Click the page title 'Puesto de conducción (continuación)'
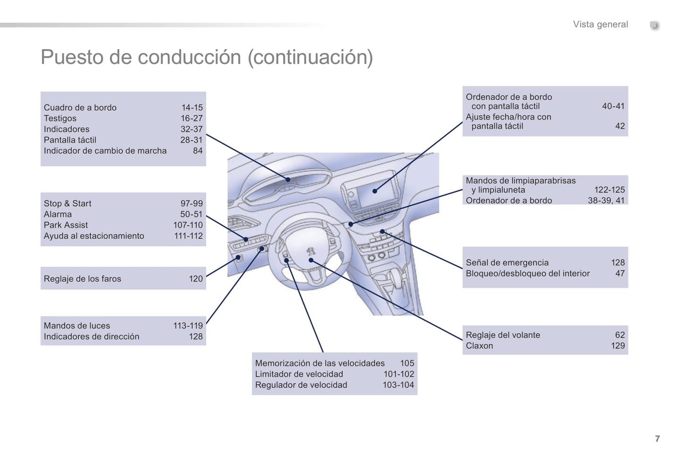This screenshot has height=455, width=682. (x=207, y=58)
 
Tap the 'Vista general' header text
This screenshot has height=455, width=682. (x=600, y=25)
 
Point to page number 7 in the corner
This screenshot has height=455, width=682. (x=657, y=439)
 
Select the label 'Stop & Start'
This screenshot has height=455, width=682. (x=67, y=203)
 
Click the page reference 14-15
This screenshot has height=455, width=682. (x=192, y=108)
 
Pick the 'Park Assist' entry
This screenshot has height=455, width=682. (x=66, y=225)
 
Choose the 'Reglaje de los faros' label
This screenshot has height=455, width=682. (x=83, y=279)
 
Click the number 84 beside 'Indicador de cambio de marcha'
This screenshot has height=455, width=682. (x=198, y=151)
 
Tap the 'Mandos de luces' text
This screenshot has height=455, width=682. (x=77, y=326)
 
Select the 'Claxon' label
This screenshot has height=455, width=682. (x=479, y=346)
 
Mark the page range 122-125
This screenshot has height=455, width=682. (x=609, y=190)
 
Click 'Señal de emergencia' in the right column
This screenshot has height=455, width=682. (x=507, y=263)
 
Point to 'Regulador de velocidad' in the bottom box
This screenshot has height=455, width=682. (x=301, y=385)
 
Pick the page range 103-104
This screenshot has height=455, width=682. (x=398, y=385)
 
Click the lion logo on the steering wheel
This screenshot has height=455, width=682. (x=311, y=251)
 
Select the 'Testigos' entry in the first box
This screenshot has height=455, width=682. (x=60, y=118)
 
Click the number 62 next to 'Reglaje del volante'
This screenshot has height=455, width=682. (x=620, y=335)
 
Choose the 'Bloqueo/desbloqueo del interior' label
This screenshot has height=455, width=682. (x=528, y=274)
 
